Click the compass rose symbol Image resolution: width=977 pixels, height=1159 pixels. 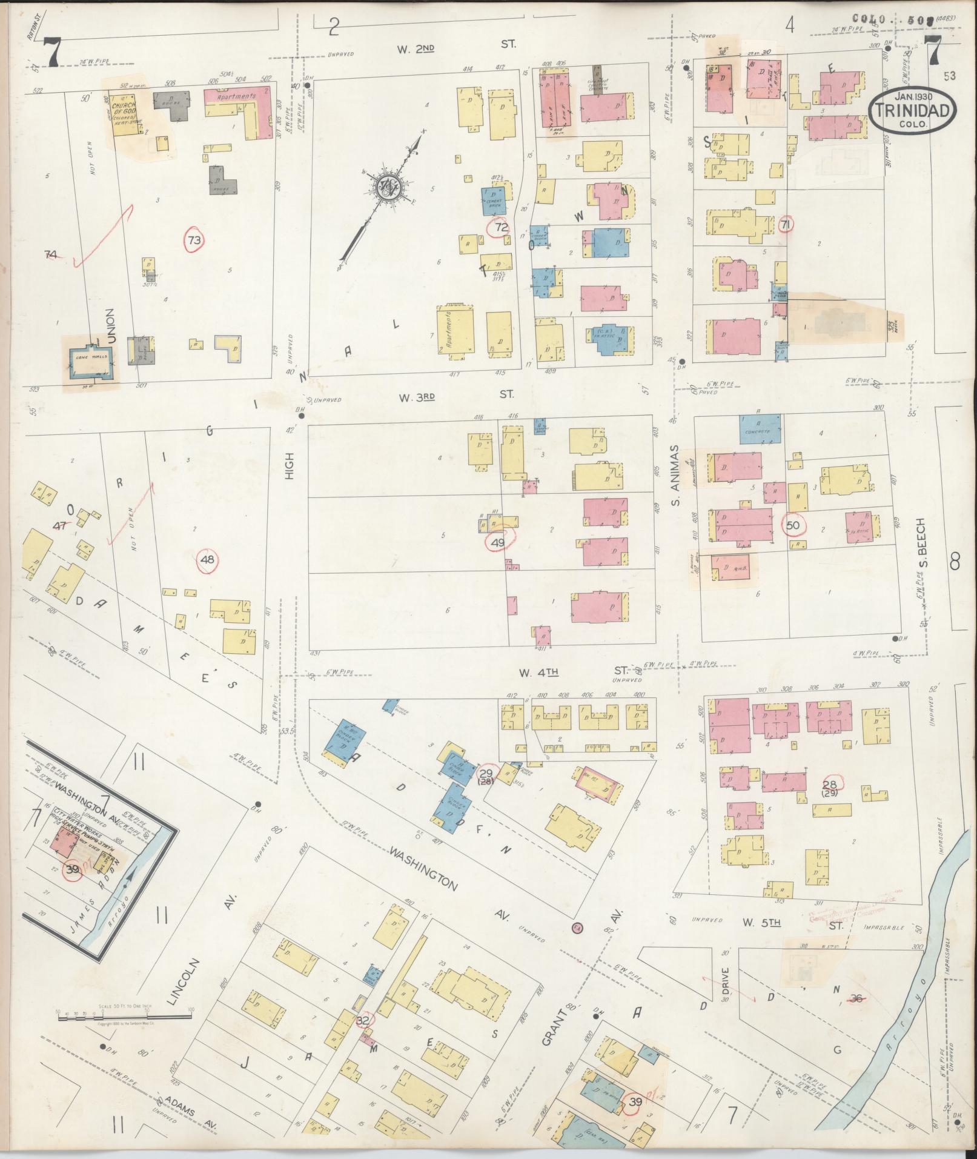pos(384,186)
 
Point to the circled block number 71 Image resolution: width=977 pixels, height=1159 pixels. pos(787,224)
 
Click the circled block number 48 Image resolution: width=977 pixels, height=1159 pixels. pos(207,559)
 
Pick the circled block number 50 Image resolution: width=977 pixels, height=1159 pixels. pos(793,525)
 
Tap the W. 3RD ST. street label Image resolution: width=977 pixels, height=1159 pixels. pos(455,395)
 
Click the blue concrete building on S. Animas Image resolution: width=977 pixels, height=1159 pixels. pos(759,429)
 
